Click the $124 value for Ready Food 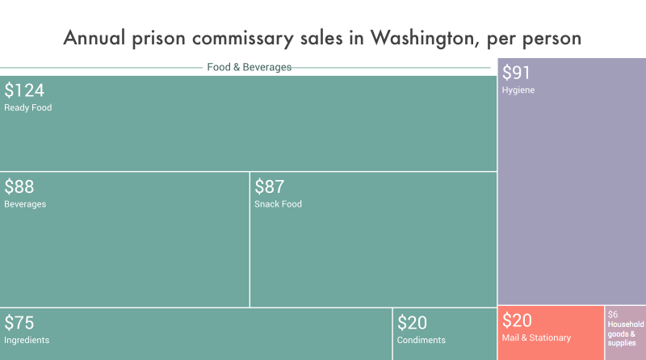pos(24,90)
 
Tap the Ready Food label pos(27,107)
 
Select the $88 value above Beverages pos(19,187)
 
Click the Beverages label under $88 pos(25,204)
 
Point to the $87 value pos(270,187)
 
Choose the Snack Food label pos(278,204)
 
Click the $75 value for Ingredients pos(19,323)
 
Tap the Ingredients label pos(27,340)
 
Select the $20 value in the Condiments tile pos(412,323)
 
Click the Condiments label pos(421,340)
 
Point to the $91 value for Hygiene pos(518,73)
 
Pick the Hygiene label pos(518,90)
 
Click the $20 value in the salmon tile pos(517,320)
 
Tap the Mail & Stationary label pos(536,337)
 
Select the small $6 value pos(613,314)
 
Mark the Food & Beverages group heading pos(249,67)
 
